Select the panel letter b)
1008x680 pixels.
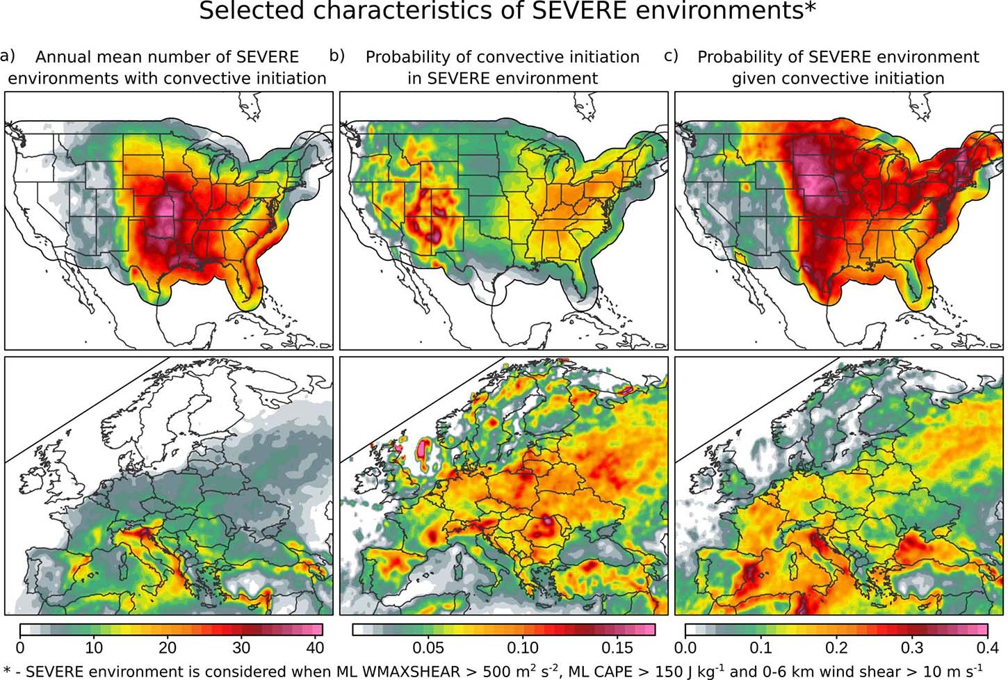click(337, 56)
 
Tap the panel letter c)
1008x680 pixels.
click(671, 56)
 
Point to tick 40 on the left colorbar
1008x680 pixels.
click(315, 647)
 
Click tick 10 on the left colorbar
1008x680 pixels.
click(94, 647)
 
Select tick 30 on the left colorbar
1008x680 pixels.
click(241, 647)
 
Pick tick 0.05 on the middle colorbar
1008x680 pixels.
click(428, 647)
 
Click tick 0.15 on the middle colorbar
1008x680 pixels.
click(617, 647)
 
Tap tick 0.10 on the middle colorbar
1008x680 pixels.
click(523, 647)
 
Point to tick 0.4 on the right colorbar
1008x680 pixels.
click(987, 647)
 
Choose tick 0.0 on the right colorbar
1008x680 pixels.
click(686, 647)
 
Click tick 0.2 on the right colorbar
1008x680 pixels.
click(836, 647)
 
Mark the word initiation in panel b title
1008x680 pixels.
click(596, 57)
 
